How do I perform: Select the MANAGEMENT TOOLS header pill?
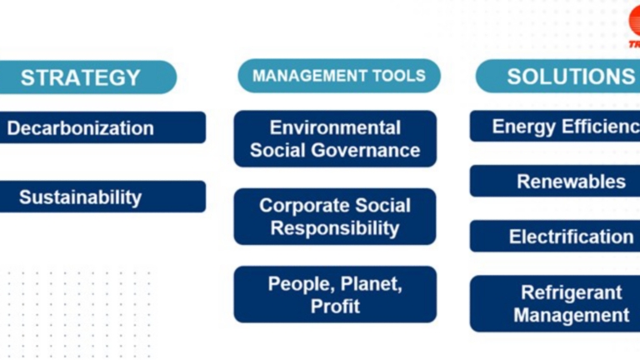(338, 76)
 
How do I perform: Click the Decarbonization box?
(92, 128)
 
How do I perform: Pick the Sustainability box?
(92, 197)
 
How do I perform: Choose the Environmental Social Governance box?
(335, 139)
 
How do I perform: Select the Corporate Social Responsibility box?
(335, 217)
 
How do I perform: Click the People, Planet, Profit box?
(335, 294)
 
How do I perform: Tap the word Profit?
(335, 306)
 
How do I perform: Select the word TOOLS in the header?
(397, 76)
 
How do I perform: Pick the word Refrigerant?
(572, 292)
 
